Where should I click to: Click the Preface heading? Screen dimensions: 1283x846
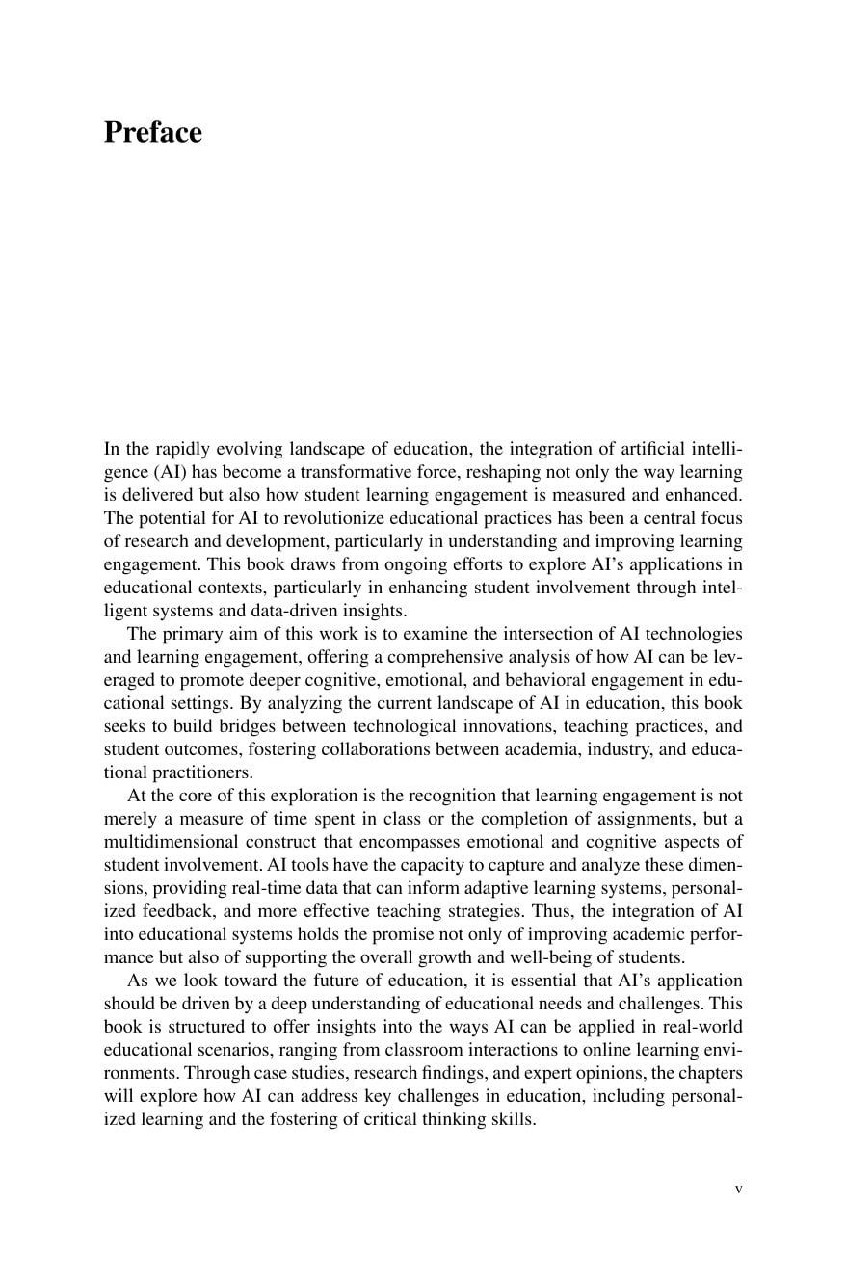point(152,132)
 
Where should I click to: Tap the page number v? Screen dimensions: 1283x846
point(738,1189)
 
